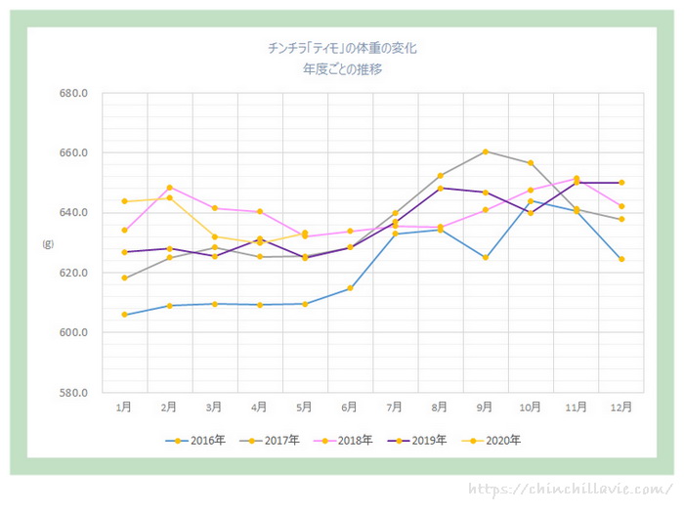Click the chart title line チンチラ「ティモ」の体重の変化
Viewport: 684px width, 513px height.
point(347,47)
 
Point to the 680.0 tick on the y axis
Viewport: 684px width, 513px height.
point(74,94)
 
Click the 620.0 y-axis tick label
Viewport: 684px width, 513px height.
point(74,273)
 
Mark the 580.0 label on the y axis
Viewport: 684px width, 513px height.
point(74,393)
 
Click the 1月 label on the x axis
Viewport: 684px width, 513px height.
point(124,406)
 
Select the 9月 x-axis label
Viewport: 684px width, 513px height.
point(485,406)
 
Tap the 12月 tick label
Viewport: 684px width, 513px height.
point(620,406)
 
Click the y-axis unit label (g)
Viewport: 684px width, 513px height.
point(45,243)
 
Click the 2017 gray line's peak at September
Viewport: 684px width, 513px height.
point(486,151)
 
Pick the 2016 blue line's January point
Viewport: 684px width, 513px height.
point(124,315)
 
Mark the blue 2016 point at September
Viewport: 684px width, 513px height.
point(486,258)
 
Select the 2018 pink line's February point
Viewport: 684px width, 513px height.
point(170,187)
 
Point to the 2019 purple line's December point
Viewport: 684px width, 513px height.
point(621,183)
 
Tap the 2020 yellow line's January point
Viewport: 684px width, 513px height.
point(124,201)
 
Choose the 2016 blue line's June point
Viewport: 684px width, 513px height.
point(350,288)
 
